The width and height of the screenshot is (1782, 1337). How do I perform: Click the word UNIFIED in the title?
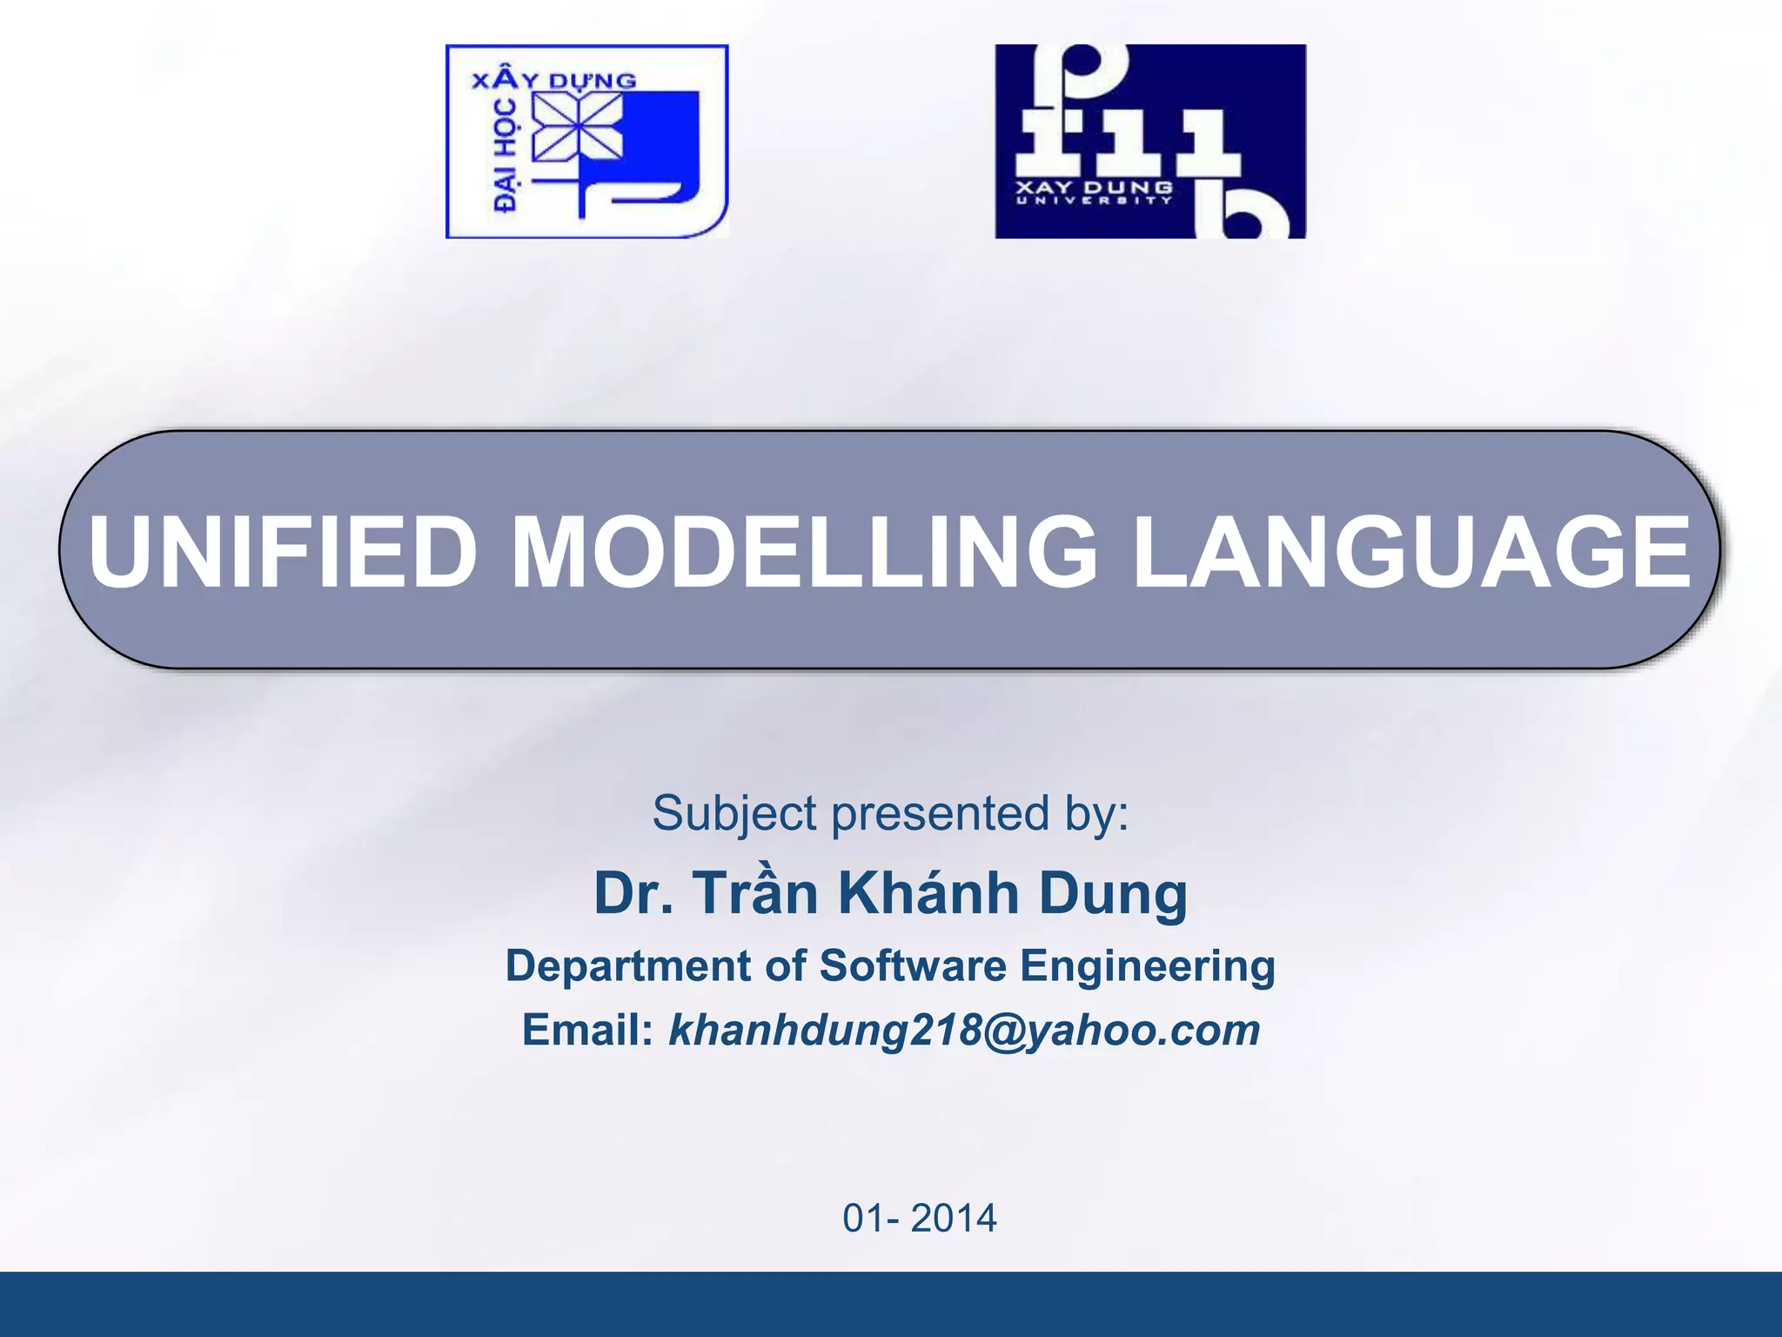pos(283,552)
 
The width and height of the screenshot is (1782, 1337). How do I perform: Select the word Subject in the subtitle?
pos(734,814)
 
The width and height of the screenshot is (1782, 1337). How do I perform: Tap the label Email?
pos(587,1030)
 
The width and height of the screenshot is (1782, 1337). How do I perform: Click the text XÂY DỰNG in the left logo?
pos(553,80)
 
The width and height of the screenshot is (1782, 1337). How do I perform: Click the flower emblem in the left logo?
pos(577,127)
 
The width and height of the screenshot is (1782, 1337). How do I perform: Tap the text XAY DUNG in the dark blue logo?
pos(1094,187)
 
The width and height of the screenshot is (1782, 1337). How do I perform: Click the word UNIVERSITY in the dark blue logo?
pos(1094,201)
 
